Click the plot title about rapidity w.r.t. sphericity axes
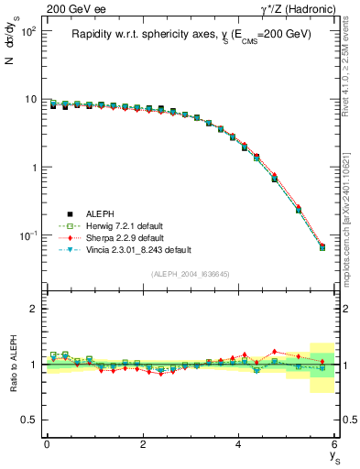[x=191, y=34]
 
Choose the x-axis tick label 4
[x=239, y=444]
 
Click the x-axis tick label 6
[x=335, y=444]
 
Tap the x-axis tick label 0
[x=47, y=444]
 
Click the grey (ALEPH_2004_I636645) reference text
[x=191, y=274]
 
